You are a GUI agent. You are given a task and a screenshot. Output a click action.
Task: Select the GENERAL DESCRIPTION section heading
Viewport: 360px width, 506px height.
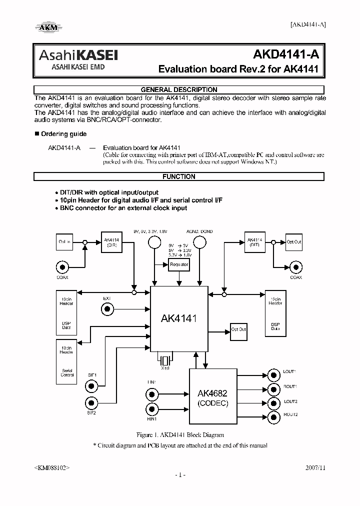click(179, 90)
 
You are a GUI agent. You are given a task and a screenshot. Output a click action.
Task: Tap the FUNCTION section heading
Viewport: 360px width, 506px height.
click(179, 176)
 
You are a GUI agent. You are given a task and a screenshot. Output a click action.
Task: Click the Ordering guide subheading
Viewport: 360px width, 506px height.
click(63, 134)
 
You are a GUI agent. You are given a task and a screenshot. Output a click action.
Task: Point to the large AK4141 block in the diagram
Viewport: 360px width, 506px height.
click(179, 317)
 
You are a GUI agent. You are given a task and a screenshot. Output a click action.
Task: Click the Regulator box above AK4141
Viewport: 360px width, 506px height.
click(179, 264)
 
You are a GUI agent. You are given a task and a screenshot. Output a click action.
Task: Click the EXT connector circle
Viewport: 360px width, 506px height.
click(106, 310)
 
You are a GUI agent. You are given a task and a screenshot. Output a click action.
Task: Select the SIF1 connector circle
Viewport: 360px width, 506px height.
click(91, 385)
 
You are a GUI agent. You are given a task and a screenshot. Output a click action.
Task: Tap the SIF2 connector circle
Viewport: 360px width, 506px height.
click(91, 402)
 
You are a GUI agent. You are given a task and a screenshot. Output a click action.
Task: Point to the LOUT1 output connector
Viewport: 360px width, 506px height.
click(273, 374)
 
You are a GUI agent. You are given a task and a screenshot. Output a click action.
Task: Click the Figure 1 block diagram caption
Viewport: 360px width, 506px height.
click(180, 435)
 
